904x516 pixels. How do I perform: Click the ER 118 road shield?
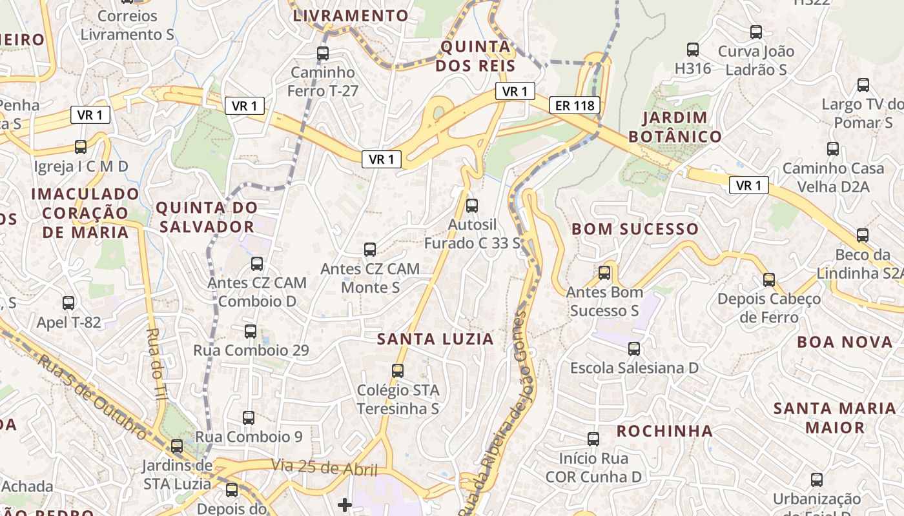coord(575,105)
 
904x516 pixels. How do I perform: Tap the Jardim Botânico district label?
coord(675,127)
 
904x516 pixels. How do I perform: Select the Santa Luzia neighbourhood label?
coord(435,339)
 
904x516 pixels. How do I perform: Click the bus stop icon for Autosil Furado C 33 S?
coord(472,206)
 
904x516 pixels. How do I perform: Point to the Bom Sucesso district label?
coord(635,229)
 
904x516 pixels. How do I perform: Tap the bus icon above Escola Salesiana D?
coord(634,349)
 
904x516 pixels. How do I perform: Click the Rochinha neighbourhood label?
coord(664,431)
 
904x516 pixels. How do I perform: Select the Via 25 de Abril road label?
coord(324,467)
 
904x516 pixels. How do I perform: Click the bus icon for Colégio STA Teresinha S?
coord(398,371)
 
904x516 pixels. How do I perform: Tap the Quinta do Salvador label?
coord(206,217)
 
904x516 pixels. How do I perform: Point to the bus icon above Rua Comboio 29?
coord(251,332)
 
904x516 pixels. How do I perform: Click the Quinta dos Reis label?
coord(475,56)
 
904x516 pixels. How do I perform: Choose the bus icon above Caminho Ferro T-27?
coord(323,54)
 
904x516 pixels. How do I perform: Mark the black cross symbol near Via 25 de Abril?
coord(345,504)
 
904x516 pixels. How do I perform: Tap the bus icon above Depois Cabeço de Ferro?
coord(768,280)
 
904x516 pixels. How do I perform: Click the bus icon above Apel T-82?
coord(68,303)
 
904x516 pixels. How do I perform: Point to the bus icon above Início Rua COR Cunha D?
coord(593,439)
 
